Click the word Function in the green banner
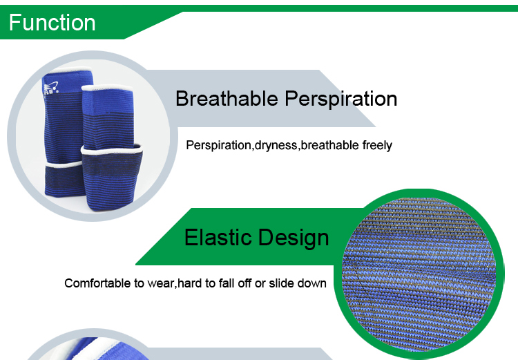click(52, 23)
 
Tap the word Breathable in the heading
click(227, 99)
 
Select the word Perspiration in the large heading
click(341, 100)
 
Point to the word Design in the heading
click(294, 238)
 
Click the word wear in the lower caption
click(161, 284)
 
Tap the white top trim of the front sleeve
click(107, 88)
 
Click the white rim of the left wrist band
click(64, 164)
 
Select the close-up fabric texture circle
click(419, 274)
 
